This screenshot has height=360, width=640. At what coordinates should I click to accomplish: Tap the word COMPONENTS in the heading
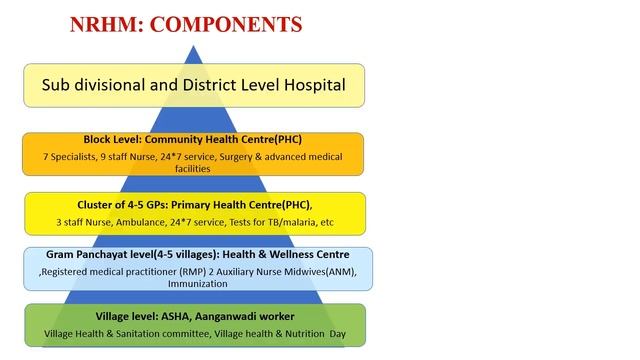click(x=231, y=23)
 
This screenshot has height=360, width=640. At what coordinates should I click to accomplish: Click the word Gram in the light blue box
click(x=63, y=254)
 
